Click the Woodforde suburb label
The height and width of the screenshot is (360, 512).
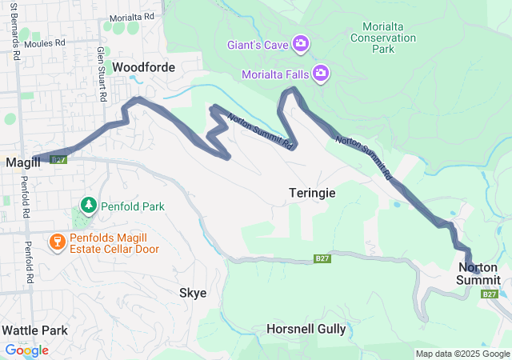pyautogui.click(x=143, y=67)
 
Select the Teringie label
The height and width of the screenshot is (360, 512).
pyautogui.click(x=312, y=193)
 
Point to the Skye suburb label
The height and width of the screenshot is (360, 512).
pyautogui.click(x=193, y=293)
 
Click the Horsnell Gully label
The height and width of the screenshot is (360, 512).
pyautogui.click(x=306, y=329)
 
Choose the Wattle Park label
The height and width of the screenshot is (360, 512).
pyautogui.click(x=34, y=330)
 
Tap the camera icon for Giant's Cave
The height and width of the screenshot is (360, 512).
pyautogui.click(x=301, y=42)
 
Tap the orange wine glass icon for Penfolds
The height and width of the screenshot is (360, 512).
pyautogui.click(x=58, y=241)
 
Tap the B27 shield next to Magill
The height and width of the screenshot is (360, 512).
pyautogui.click(x=58, y=160)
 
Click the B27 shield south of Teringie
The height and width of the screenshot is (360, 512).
pyautogui.click(x=322, y=258)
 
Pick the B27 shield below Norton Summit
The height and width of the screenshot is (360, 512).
pyautogui.click(x=490, y=294)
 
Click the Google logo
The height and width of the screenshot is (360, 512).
pyautogui.click(x=26, y=350)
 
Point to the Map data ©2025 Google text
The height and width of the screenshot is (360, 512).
pyautogui.click(x=462, y=354)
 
